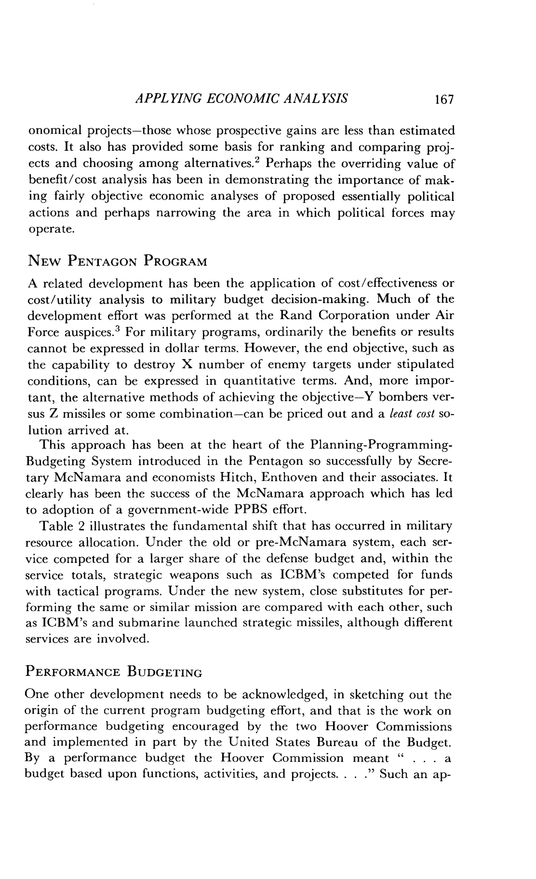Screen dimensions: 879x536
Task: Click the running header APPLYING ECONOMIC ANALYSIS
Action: (x=242, y=98)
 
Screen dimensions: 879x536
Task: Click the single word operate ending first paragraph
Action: (x=51, y=229)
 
